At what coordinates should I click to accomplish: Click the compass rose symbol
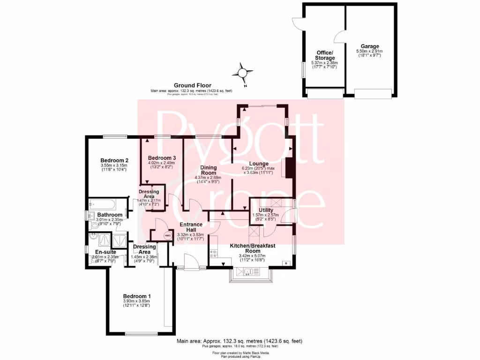[x=242, y=73]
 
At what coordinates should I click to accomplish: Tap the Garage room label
[x=369, y=46]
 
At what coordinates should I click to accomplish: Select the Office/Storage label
[x=324, y=55]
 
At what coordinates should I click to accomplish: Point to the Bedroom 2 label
[x=114, y=160]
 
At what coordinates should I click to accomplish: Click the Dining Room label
[x=208, y=170]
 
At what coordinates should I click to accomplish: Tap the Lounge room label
[x=258, y=164]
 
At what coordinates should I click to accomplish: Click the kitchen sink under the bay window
[x=248, y=271]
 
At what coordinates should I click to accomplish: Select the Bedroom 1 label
[x=137, y=296]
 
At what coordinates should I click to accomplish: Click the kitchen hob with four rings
[x=214, y=253]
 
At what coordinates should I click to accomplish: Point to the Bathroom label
[x=110, y=215]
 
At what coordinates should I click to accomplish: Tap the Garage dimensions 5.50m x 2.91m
[x=369, y=52]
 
